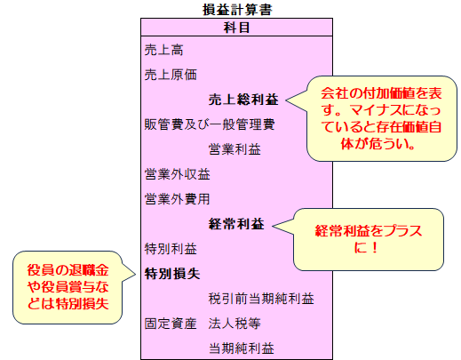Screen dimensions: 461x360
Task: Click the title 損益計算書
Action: point(237,10)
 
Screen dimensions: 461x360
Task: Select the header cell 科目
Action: point(236,28)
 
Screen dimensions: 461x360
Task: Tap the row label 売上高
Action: point(163,50)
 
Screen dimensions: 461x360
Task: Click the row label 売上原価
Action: point(171,75)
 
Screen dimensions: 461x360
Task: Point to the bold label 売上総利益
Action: point(243,100)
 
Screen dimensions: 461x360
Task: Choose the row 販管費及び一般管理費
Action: point(210,124)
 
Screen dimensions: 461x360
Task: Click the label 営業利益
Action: point(234,149)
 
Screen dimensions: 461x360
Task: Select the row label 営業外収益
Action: point(177,174)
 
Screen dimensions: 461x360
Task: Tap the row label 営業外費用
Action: point(177,199)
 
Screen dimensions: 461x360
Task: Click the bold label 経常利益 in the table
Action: point(236,224)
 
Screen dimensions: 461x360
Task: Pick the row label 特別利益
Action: point(171,249)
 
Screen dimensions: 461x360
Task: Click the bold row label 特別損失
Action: point(172,274)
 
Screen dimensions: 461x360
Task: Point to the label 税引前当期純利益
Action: point(261,299)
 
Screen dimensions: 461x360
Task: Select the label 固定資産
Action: point(171,324)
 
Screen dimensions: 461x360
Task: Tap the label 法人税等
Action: point(234,324)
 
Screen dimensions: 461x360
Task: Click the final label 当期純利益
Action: point(242,348)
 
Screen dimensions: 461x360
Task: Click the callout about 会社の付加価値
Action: point(381,118)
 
